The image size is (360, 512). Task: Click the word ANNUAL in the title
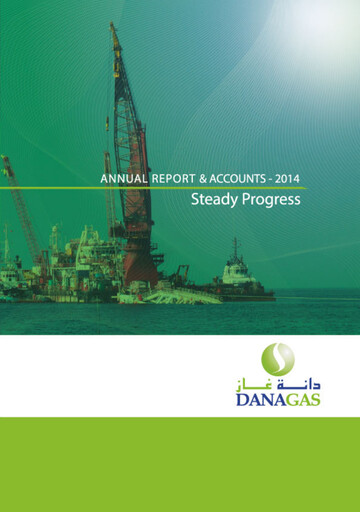coord(123,179)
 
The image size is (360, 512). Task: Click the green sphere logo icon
coord(277,359)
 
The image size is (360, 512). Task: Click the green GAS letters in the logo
coord(305,399)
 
